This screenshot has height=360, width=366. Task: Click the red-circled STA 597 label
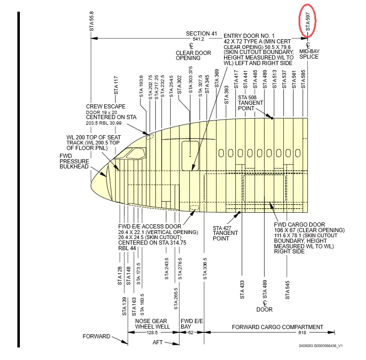coord(308,21)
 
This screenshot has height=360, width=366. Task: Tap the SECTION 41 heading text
coord(201,34)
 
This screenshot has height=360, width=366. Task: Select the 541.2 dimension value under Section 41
coord(198,39)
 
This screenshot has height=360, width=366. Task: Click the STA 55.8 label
coord(91,21)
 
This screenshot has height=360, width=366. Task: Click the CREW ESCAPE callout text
coord(105,107)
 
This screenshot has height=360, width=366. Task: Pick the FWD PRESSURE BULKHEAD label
coord(73,161)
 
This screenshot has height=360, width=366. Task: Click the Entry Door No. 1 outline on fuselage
coord(190,156)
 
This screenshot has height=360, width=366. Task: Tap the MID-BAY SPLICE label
coord(309,54)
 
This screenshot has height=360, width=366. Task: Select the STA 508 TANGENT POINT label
coord(250,102)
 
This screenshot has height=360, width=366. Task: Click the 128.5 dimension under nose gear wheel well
coord(152,332)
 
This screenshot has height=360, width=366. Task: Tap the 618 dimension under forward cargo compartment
coord(277,332)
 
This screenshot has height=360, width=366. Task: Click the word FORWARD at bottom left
coord(97,336)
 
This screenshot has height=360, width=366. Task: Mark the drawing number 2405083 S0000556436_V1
coord(320,345)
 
